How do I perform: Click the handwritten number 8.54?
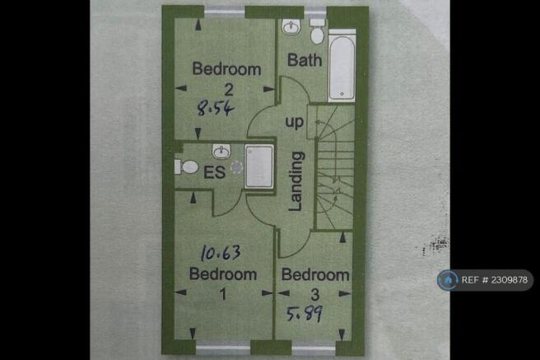[216, 108]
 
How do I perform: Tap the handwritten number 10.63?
[221, 253]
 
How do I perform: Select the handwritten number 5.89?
[305, 314]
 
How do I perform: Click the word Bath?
[305, 60]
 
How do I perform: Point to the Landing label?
[296, 181]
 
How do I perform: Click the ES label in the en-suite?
[215, 172]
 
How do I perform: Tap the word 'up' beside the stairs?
[295, 122]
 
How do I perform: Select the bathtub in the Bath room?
[342, 66]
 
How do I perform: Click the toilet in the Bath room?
[317, 31]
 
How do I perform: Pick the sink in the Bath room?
[291, 26]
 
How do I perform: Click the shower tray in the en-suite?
[259, 166]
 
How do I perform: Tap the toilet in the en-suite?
[186, 167]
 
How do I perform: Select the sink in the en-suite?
[221, 152]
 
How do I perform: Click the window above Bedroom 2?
[225, 12]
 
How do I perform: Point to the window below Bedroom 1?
[223, 348]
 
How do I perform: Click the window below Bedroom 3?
[314, 348]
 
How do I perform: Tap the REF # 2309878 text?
[495, 280]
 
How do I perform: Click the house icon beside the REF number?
[447, 280]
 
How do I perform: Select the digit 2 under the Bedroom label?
[229, 91]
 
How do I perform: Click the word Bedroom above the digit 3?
[315, 275]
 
